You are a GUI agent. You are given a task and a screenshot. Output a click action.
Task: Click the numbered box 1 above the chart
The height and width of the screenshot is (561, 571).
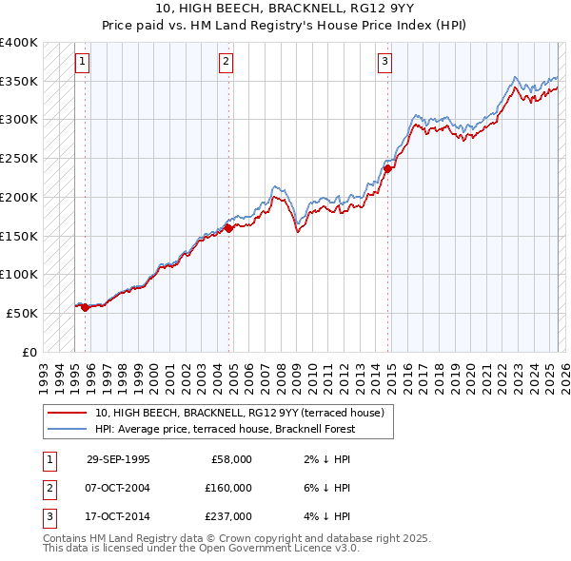click(x=83, y=63)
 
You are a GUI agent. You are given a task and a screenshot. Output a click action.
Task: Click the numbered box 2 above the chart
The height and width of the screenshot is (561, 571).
click(x=226, y=63)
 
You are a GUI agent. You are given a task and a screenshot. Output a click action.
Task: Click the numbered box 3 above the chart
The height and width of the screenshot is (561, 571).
click(x=384, y=63)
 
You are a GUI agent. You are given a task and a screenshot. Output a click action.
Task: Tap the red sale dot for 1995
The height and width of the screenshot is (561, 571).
click(x=86, y=307)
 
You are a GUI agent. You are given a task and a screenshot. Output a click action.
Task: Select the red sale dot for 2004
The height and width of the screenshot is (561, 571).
click(x=228, y=227)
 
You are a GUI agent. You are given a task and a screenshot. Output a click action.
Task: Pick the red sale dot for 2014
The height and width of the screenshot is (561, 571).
click(x=388, y=168)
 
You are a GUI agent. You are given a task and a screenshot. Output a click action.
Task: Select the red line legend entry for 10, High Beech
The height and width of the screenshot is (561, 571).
click(x=239, y=413)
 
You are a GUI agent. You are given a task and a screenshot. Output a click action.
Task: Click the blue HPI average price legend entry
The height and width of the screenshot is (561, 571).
click(x=225, y=429)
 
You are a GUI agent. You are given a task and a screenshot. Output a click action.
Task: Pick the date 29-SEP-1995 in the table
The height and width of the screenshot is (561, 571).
click(x=118, y=459)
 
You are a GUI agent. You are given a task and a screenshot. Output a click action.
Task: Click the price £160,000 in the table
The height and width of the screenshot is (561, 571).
click(x=228, y=488)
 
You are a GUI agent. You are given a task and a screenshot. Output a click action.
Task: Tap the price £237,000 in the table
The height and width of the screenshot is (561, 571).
click(x=228, y=517)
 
